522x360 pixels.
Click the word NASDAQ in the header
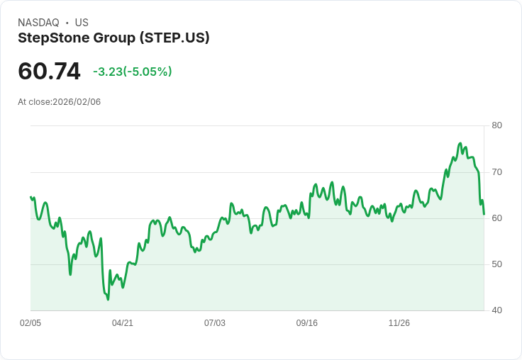(x=38, y=23)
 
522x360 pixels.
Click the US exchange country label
(x=82, y=23)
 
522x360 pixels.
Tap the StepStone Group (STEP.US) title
(x=113, y=38)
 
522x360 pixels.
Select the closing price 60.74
(x=49, y=72)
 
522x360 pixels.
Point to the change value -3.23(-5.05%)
(x=133, y=72)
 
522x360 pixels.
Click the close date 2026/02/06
(x=77, y=102)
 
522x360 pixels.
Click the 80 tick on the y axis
(x=496, y=125)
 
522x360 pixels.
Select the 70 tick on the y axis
(x=496, y=172)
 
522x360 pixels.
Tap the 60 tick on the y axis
(x=496, y=218)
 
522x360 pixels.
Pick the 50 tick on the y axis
(x=496, y=264)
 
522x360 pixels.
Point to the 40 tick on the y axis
(x=496, y=310)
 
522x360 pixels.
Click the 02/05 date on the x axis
(x=30, y=323)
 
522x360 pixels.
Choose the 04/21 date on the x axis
(x=123, y=323)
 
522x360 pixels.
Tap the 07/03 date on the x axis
(x=215, y=323)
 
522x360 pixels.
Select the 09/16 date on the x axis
(x=307, y=323)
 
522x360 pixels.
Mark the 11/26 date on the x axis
(x=399, y=323)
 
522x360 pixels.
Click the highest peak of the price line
(x=460, y=143)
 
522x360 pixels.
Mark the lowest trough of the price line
(x=108, y=300)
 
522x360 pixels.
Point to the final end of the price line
(x=484, y=214)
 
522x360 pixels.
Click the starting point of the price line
(x=30, y=197)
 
